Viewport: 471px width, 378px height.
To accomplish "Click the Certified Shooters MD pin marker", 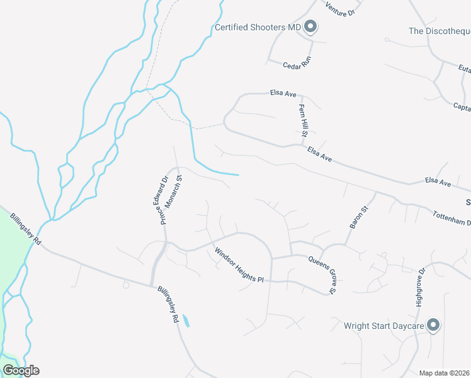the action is tap(310, 26).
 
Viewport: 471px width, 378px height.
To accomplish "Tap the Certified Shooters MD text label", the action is tap(258, 27).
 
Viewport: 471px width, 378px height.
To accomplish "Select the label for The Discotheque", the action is tap(440, 31).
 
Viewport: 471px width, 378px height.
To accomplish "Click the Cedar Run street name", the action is tap(293, 66).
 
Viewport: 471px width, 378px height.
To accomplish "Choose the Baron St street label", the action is tap(357, 216).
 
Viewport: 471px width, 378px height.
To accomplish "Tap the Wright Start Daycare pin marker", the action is tap(433, 325).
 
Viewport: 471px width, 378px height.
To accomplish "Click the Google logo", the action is tap(21, 370).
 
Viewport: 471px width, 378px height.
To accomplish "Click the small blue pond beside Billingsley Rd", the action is tap(186, 321).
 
